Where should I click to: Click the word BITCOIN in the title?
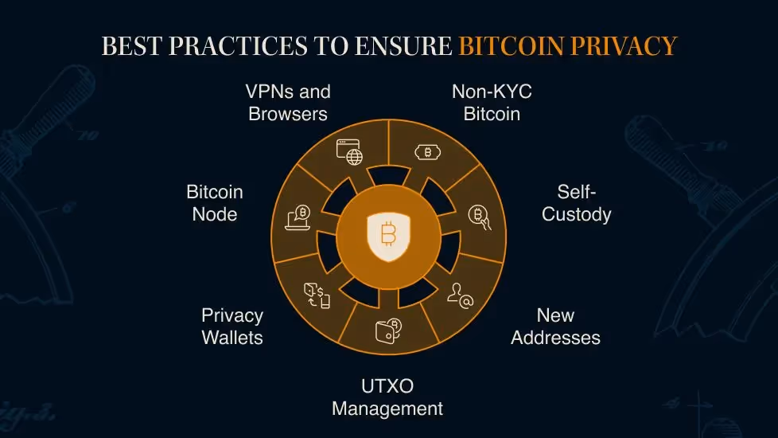(x=512, y=46)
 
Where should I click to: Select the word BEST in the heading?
(x=130, y=46)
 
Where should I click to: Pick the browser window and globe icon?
(x=349, y=152)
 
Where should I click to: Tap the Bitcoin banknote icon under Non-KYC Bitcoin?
(x=428, y=152)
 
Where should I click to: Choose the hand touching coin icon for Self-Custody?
(x=479, y=216)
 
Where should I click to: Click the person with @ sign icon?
(x=460, y=295)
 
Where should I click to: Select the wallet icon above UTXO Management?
(x=387, y=330)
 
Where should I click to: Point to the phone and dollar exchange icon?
(x=317, y=295)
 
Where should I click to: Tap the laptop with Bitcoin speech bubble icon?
(x=298, y=217)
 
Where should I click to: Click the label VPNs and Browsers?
(x=288, y=103)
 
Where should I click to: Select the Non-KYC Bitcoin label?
(x=492, y=103)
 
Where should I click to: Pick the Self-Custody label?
(x=577, y=203)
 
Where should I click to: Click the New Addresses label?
(x=555, y=327)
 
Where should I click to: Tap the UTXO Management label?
(x=387, y=398)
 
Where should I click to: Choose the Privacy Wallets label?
(x=232, y=327)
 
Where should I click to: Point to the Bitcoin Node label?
(x=215, y=203)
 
